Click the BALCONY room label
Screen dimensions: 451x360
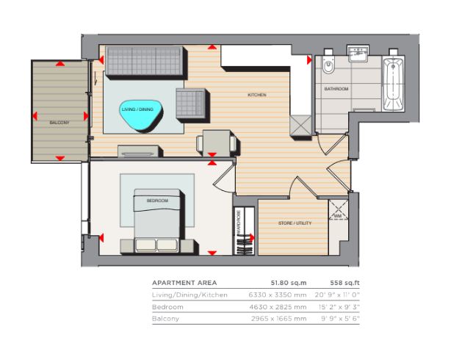coord(59,123)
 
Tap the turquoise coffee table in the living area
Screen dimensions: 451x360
coord(141,115)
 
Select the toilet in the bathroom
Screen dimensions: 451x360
coord(328,64)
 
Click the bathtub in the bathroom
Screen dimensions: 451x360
coord(393,84)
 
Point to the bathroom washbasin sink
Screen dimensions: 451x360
coord(358,54)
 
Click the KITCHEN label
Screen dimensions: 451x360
coord(257,95)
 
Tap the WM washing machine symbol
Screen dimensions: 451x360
coord(338,215)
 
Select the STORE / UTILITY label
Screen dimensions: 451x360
coord(295,223)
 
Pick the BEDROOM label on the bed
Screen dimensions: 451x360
coord(157,201)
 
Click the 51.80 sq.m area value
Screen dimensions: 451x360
coord(289,283)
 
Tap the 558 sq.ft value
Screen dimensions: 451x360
coord(344,283)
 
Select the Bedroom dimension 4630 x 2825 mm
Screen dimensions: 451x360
coord(278,307)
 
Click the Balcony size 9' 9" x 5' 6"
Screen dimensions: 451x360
coord(340,319)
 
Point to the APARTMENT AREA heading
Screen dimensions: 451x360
coord(184,283)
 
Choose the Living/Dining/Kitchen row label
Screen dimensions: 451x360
coord(190,295)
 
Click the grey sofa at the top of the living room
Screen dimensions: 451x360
coord(145,62)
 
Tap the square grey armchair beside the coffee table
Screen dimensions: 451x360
coord(192,104)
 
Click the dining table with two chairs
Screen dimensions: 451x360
coord(217,143)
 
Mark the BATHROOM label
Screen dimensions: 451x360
coord(336,89)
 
